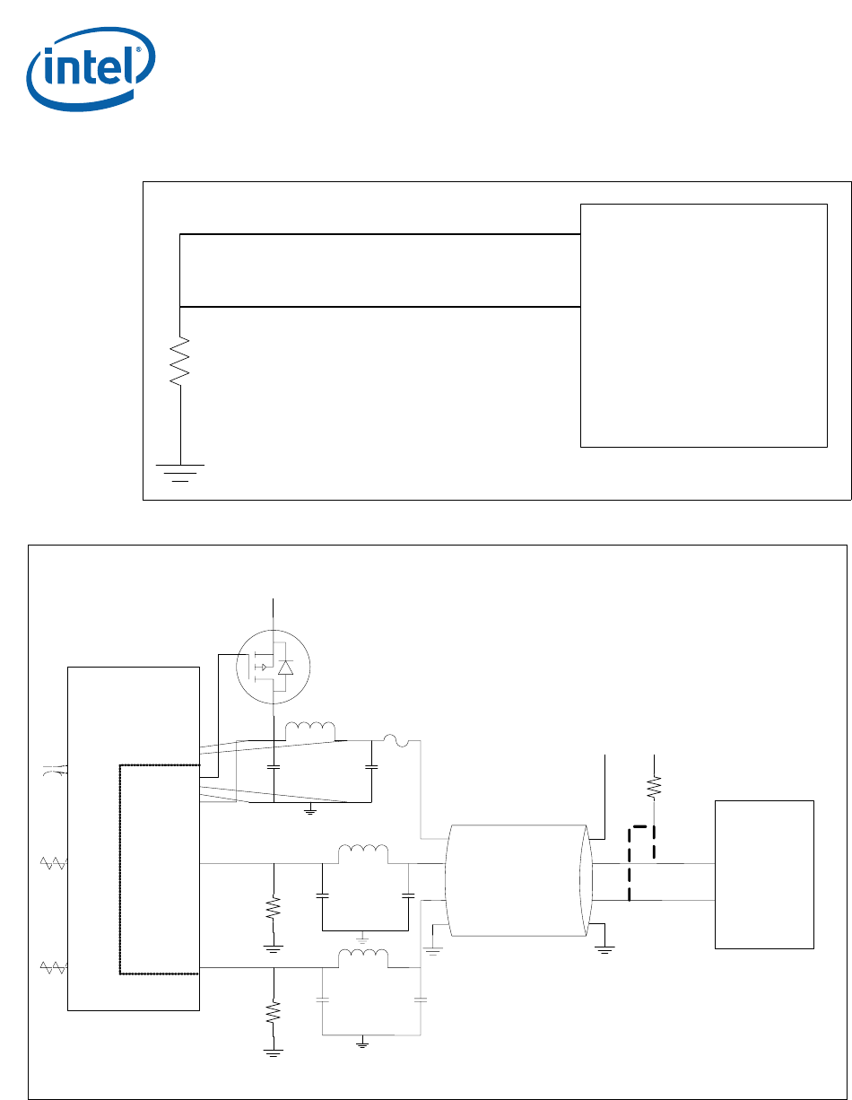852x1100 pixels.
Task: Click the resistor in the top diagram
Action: [181, 361]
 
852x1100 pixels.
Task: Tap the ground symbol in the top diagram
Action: [180, 471]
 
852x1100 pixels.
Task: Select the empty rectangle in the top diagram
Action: [703, 325]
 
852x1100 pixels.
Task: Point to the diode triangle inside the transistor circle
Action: [286, 668]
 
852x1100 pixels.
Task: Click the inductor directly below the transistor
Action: [309, 731]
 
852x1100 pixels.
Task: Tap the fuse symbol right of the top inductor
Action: [396, 740]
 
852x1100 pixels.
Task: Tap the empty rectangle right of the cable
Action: [764, 874]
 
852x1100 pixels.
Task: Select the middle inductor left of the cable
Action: [363, 853]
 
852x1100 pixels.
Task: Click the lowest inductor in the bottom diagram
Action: [363, 958]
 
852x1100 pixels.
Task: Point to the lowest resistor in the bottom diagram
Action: [274, 1015]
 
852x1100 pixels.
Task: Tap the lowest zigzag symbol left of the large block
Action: [55, 967]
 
